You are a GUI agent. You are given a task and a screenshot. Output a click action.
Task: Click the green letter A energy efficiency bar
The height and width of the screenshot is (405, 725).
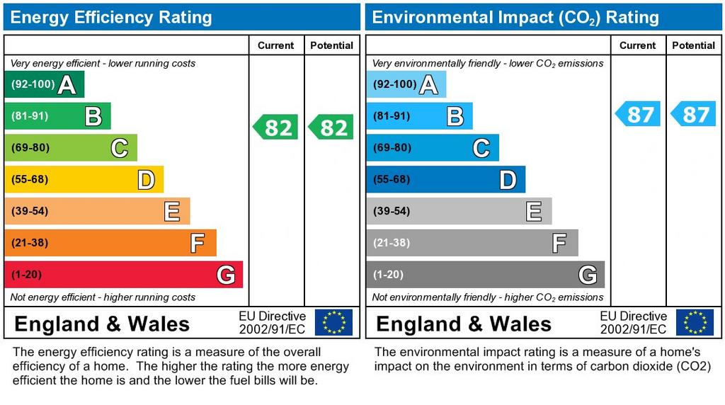pyautogui.click(x=44, y=85)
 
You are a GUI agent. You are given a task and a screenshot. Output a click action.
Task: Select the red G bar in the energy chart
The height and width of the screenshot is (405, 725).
pyautogui.click(x=123, y=275)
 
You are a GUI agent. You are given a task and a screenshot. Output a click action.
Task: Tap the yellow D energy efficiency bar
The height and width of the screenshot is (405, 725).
pyautogui.click(x=84, y=180)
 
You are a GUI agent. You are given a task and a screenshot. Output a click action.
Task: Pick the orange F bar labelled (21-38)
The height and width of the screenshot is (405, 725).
pyautogui.click(x=110, y=243)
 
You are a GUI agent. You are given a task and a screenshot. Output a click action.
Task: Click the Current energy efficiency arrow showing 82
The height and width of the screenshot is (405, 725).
pyautogui.click(x=275, y=127)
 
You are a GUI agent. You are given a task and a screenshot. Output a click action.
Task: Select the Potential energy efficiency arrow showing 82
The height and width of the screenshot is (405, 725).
pyautogui.click(x=331, y=127)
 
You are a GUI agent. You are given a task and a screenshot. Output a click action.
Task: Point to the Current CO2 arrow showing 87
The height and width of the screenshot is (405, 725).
pyautogui.click(x=637, y=114)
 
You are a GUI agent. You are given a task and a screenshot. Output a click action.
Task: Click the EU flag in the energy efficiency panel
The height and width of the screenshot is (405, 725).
pyautogui.click(x=333, y=322)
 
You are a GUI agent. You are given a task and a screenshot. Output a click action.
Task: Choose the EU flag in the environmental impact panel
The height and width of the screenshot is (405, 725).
pyautogui.click(x=695, y=322)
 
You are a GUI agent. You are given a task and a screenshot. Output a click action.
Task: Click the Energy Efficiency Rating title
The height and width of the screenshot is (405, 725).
pyautogui.click(x=111, y=18)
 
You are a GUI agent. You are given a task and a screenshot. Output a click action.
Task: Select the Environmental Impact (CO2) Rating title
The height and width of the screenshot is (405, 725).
pyautogui.click(x=515, y=18)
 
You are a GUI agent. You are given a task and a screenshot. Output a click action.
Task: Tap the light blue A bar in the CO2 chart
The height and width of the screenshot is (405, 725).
pyautogui.click(x=406, y=85)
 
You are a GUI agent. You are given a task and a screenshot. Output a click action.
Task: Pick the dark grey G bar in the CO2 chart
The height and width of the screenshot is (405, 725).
pyautogui.click(x=485, y=275)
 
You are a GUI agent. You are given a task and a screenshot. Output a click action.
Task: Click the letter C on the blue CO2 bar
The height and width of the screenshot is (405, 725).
pyautogui.click(x=481, y=148)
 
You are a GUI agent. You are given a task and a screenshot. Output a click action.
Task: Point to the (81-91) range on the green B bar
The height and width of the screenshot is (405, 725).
pyautogui.click(x=30, y=116)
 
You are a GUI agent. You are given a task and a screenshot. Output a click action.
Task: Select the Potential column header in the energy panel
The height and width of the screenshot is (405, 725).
pyautogui.click(x=331, y=45)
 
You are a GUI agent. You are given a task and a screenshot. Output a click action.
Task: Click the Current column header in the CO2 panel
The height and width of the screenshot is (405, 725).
pyautogui.click(x=637, y=45)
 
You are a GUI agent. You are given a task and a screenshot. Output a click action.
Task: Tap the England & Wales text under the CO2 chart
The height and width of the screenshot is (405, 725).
pyautogui.click(x=464, y=324)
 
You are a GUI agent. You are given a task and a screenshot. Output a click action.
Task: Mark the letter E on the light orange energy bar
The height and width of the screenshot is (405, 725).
pyautogui.click(x=171, y=212)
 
